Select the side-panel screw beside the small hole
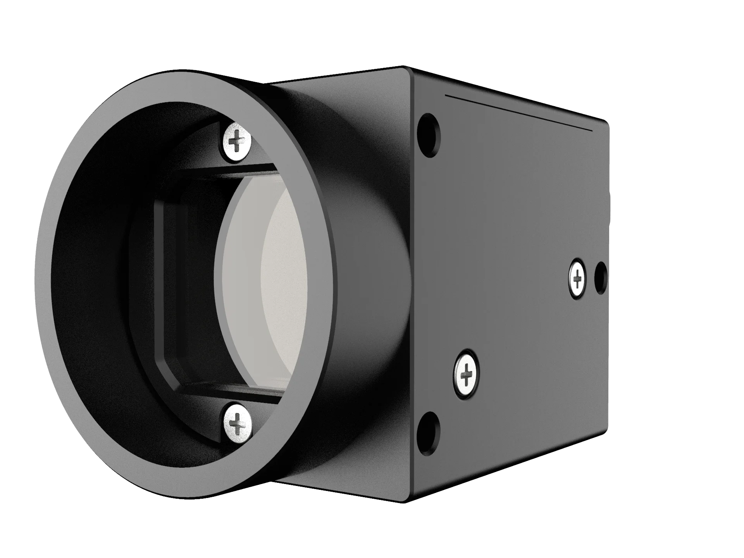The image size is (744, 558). click(577, 277)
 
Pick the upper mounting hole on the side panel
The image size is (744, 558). click(430, 135)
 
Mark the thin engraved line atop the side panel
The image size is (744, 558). click(519, 112)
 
